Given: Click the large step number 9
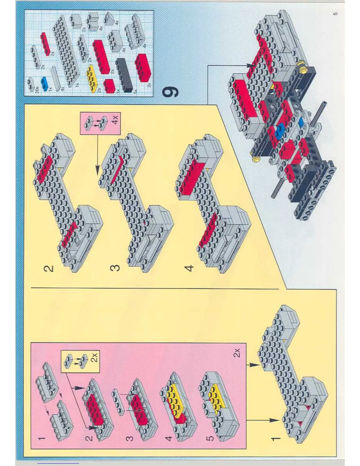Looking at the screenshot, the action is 171,92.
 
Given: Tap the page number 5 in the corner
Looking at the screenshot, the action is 336,14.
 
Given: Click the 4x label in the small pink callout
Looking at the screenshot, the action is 115,119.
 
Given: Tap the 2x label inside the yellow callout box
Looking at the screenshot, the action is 94,357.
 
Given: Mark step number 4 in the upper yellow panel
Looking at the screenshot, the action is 190,268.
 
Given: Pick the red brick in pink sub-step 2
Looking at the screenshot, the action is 96,409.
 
